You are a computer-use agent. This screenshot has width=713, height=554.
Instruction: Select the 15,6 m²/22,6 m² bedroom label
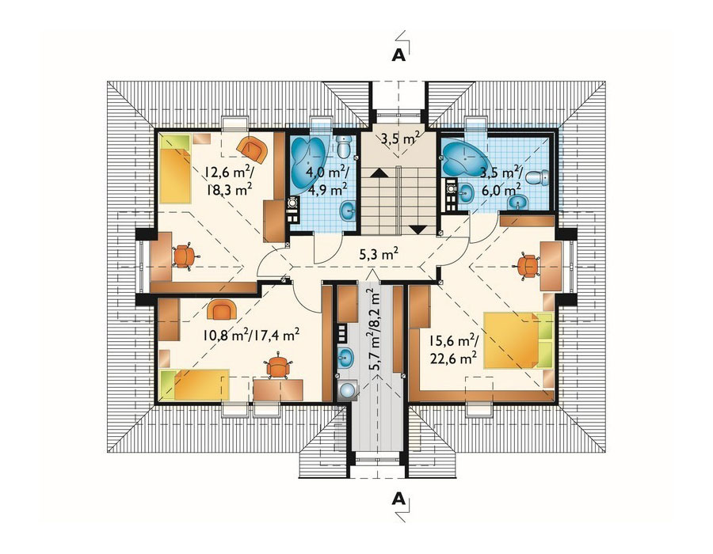[x=453, y=349]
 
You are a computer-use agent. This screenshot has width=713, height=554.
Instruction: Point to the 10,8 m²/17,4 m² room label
[x=251, y=335]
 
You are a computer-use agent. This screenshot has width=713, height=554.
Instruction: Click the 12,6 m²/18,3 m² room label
[x=229, y=180]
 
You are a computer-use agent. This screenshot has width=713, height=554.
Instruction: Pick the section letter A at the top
[x=398, y=55]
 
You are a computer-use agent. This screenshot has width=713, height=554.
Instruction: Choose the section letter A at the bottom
[x=398, y=499]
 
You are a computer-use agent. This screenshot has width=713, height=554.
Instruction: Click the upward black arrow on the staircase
[x=379, y=173]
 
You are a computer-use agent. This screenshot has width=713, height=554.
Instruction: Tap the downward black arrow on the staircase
[x=418, y=230]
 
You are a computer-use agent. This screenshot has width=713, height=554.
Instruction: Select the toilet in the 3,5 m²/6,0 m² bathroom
[x=540, y=177]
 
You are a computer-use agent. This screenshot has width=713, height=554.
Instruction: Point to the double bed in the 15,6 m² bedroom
[x=518, y=340]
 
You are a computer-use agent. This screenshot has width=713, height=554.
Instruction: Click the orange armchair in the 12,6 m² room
[x=251, y=150]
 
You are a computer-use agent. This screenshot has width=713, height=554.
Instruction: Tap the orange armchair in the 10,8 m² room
[x=222, y=310]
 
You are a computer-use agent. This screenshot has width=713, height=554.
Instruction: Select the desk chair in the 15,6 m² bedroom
[x=527, y=266]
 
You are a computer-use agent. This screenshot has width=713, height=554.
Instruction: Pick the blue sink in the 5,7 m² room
[x=346, y=357]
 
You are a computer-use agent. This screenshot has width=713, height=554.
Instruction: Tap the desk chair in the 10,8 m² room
[x=277, y=366]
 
